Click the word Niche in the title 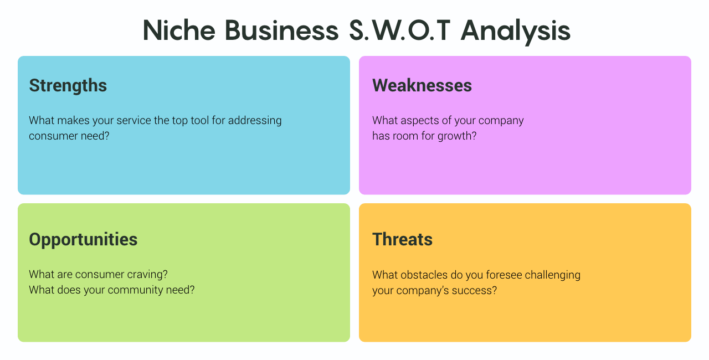point(179,30)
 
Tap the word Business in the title point(282,30)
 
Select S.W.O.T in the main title point(399,30)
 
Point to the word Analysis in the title point(515,32)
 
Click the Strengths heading point(68,85)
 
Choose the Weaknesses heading point(422,85)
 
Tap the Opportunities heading point(83,240)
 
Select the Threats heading point(402,239)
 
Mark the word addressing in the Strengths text point(255,121)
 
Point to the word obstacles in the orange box point(424,275)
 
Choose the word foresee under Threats point(504,275)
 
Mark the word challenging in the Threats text point(553,275)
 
